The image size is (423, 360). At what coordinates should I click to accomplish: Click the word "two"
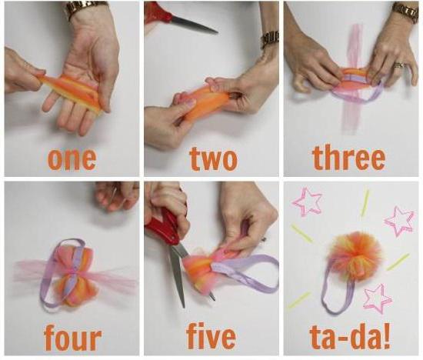tap(213, 158)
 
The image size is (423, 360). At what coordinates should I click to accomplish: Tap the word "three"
tap(349, 157)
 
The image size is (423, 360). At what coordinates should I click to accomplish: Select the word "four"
tap(72, 338)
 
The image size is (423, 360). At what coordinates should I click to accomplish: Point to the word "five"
tap(211, 336)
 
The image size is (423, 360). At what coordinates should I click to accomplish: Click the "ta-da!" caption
tap(350, 337)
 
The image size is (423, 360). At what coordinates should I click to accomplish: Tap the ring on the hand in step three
tap(398, 65)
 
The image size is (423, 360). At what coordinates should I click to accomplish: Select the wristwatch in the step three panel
tap(406, 12)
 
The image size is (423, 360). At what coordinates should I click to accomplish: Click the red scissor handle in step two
tap(158, 12)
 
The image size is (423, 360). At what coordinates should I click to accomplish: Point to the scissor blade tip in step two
tap(217, 33)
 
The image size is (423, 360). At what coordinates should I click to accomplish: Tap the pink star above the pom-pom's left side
tap(308, 202)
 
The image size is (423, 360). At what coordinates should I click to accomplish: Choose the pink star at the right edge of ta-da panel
tap(400, 222)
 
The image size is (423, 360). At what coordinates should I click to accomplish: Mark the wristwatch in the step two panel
tap(270, 39)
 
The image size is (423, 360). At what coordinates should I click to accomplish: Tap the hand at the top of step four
tap(117, 195)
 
